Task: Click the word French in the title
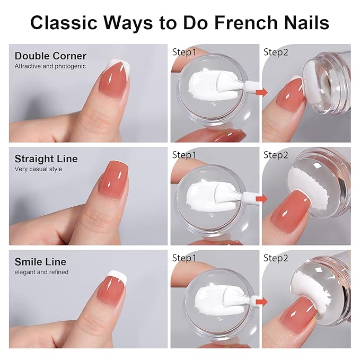tap(236, 22)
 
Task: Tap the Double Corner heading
tap(50, 56)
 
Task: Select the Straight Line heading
tap(46, 159)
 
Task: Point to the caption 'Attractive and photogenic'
tap(50, 66)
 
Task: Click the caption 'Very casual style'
tap(38, 169)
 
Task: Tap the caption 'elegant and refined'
tap(41, 272)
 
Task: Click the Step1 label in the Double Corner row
tap(185, 52)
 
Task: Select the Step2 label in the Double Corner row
tap(276, 52)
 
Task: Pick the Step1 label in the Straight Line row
tap(185, 155)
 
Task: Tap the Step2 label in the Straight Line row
tap(276, 155)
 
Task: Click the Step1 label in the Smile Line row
tap(185, 258)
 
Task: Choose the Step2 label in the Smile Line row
tap(276, 258)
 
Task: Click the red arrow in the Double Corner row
tap(261, 93)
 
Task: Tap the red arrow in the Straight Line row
tap(261, 196)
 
